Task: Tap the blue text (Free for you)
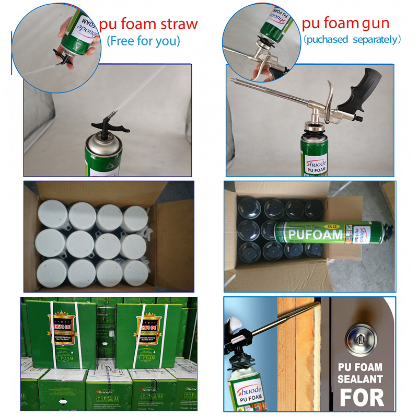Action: (143, 41)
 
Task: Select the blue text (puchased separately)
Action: (352, 39)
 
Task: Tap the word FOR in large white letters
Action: (362, 397)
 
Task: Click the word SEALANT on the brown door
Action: (361, 379)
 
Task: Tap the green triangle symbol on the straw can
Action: (95, 162)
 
